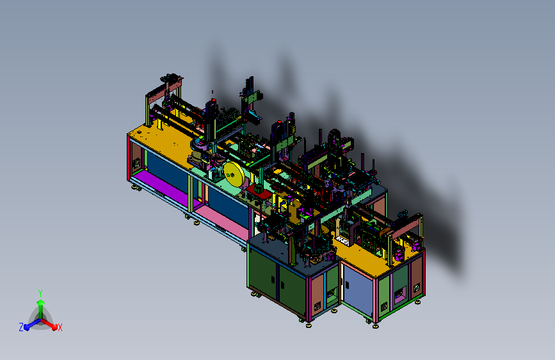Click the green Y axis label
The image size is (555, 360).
40,293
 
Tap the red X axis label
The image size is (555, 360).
60,327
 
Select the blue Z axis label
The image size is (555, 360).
21,327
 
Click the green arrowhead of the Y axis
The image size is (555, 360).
41,302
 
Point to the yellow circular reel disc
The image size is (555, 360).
234,174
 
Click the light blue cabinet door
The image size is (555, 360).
357,289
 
